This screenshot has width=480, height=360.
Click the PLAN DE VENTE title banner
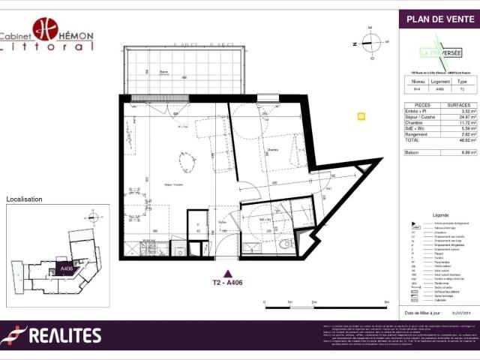click(439, 19)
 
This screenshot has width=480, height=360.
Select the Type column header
click(462, 81)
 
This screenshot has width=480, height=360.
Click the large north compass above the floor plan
click(370, 42)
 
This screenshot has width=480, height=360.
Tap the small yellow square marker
click(361, 116)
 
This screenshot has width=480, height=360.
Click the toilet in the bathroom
click(283, 242)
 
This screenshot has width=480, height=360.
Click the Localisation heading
click(24, 199)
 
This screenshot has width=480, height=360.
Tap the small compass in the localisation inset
click(95, 217)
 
